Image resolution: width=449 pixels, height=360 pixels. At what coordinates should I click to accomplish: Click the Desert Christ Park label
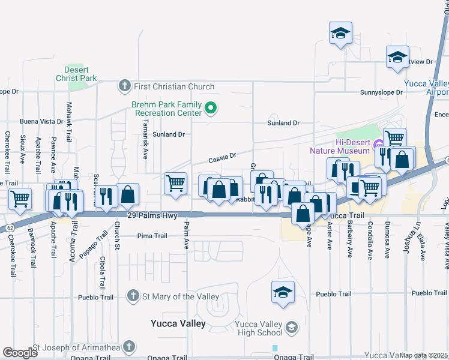coord(76,74)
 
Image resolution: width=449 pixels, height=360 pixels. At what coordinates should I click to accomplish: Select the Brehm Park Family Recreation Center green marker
coord(210,108)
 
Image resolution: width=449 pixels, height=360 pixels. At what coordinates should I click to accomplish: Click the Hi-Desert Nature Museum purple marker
coord(378,145)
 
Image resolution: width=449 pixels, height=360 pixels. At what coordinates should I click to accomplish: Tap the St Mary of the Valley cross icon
coord(133,296)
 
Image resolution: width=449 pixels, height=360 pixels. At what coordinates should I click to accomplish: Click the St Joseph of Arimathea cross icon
coord(128,346)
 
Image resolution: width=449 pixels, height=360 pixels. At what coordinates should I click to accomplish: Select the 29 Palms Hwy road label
coord(149,215)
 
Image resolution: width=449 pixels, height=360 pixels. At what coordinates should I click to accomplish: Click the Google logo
coord(20,353)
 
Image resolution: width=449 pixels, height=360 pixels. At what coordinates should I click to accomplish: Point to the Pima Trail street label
coord(152,236)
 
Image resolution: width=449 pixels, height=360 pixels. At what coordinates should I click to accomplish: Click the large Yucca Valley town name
coord(178,323)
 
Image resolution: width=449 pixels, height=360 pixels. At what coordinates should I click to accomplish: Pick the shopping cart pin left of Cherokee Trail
coord(20,199)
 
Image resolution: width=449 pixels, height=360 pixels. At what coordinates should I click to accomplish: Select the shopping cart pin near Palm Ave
coord(175,184)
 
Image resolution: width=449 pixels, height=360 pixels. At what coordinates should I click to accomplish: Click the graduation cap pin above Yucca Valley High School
coord(283,292)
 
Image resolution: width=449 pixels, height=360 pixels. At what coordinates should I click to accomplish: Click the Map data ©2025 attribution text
coord(423,355)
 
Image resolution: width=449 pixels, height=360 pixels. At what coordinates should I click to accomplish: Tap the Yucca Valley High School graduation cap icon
coord(291,326)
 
